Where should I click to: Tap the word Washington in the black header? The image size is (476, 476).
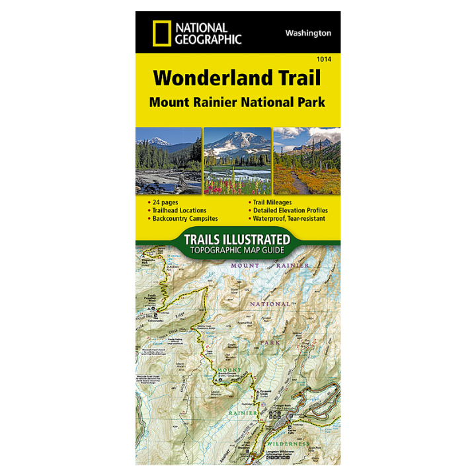click(309, 32)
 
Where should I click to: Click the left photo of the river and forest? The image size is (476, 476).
click(169, 161)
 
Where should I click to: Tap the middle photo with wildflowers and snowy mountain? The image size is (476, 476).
click(237, 161)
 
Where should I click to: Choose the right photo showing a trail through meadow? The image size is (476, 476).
click(307, 161)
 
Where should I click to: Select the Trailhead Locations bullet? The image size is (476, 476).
click(179, 210)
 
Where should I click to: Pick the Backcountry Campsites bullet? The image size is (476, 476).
click(184, 218)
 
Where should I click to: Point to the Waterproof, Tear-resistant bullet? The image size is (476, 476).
click(289, 218)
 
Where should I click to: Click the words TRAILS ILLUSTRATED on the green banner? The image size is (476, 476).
click(237, 239)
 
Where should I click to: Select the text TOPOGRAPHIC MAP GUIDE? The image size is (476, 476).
click(237, 250)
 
